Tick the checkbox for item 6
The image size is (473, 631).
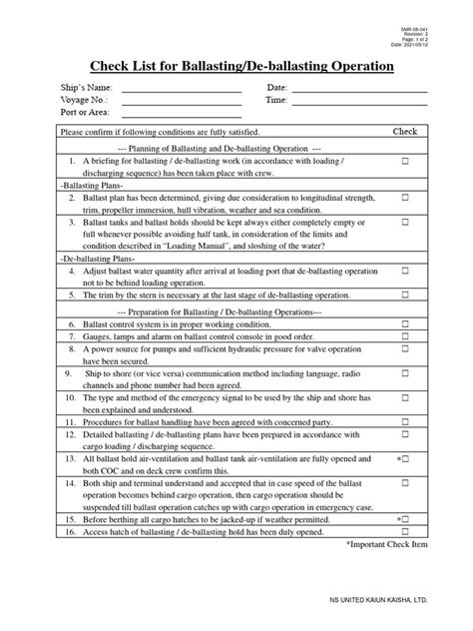405,325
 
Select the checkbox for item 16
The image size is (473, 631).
405,532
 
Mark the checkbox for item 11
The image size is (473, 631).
405,422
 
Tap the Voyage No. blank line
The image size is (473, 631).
181,102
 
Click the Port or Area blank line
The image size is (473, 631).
181,114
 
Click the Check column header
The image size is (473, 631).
404,132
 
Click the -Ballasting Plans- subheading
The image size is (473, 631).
92,186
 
